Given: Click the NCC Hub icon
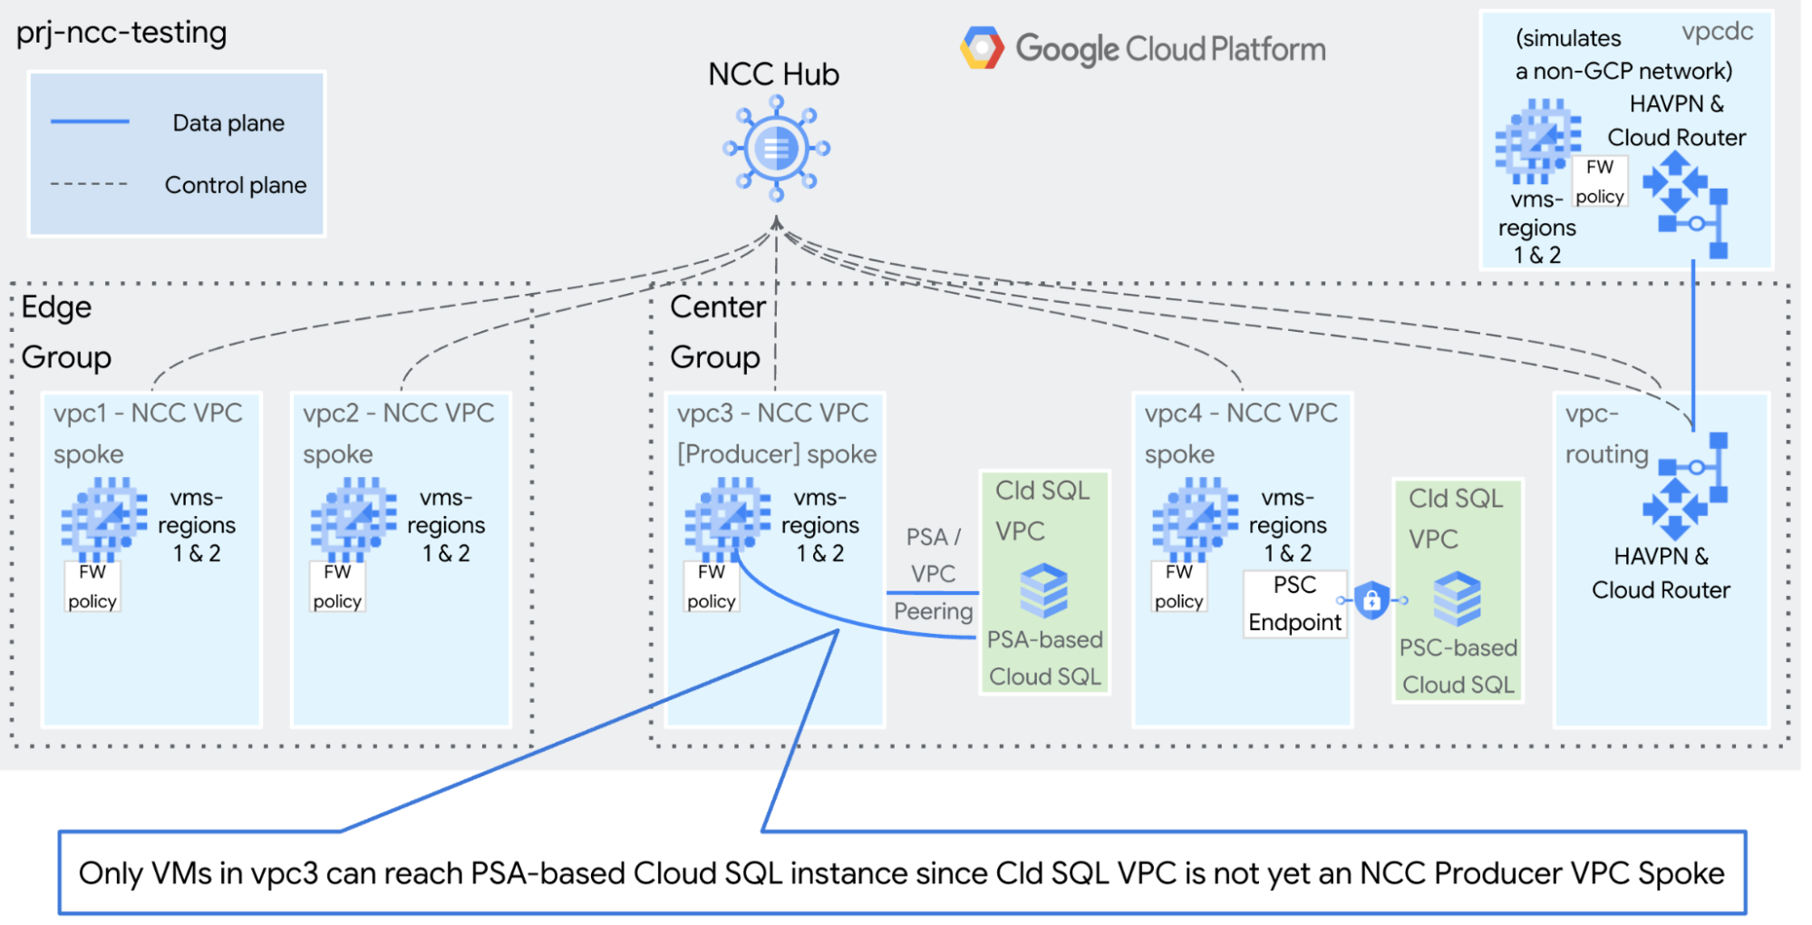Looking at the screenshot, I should [x=776, y=148].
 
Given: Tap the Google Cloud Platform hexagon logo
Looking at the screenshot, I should [x=982, y=48].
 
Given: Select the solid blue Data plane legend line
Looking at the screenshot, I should [x=90, y=122].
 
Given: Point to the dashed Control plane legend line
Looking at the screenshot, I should [x=89, y=184].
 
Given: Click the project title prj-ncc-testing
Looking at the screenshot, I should [x=121, y=33].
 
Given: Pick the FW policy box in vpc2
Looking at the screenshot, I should [x=337, y=587].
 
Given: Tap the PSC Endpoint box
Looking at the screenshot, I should [x=1294, y=604].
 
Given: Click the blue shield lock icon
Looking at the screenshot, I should [x=1371, y=599].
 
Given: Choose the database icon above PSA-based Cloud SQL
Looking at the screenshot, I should [x=1043, y=589].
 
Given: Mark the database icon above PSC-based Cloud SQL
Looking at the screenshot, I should [x=1457, y=599].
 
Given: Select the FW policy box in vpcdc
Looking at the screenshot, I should [x=1599, y=181].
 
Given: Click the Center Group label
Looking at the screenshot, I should [x=716, y=332].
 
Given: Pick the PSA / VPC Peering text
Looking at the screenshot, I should [x=933, y=573].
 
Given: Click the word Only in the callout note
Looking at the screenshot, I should [x=111, y=873].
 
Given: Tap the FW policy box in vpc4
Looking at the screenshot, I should [x=1178, y=587].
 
